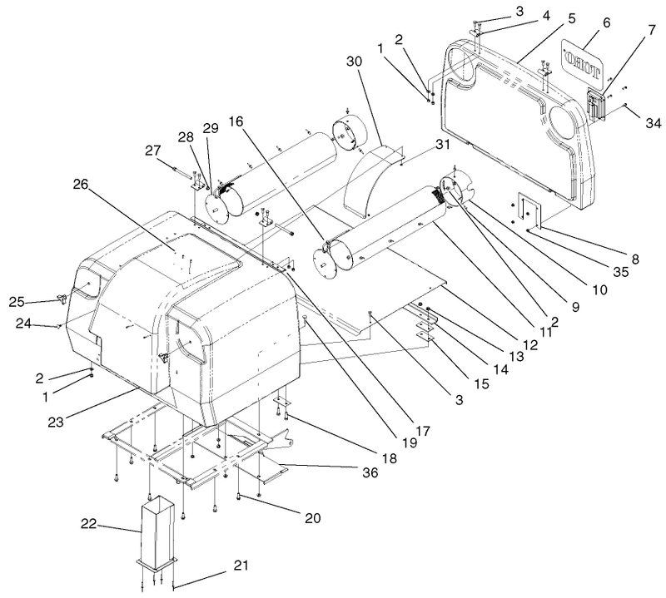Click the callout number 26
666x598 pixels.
pos(80,185)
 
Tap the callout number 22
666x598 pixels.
pos(88,524)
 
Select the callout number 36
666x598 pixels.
pos(370,472)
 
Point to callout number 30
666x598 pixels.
pos(355,62)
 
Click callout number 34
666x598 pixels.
pos(654,123)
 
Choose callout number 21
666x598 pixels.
pos(241,566)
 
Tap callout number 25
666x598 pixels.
pos(17,302)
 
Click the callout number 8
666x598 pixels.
pos(635,259)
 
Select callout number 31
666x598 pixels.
pos(442,144)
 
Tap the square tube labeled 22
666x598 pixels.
pos(157,531)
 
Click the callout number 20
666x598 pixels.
pos(313,518)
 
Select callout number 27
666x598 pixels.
pos(154,151)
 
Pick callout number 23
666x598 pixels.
pos(56,422)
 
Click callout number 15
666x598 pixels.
pos(480,383)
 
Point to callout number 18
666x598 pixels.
pos(390,458)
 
